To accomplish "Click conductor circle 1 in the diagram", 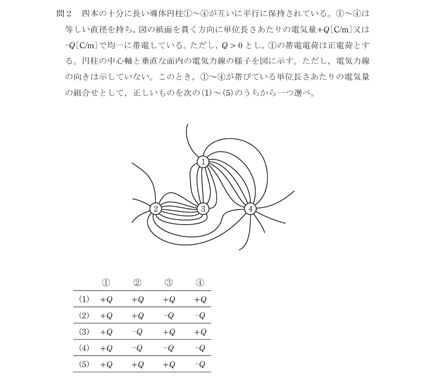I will pos(203,162).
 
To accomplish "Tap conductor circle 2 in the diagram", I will pos(155,209).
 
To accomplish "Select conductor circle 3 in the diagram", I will pos(203,209).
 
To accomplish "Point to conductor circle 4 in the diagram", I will pos(250,209).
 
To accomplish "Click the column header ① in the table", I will pos(106,283).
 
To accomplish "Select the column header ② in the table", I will pos(137,283).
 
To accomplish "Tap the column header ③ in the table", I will pos(169,283).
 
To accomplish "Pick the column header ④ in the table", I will pos(200,283).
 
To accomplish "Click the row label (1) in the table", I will pos(84,299).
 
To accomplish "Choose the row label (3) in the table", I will pos(84,332).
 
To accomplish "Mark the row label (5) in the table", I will pos(84,364).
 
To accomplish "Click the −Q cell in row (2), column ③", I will pos(169,316).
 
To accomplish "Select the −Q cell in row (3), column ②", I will pos(137,332).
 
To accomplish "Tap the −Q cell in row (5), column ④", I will pos(200,364).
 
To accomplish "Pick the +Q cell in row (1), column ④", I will pos(200,300).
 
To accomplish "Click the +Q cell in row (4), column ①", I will pos(106,348).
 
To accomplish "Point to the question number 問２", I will pos(64,13).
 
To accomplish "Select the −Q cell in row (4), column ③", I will pos(169,348).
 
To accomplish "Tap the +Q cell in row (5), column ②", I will pos(137,364).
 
